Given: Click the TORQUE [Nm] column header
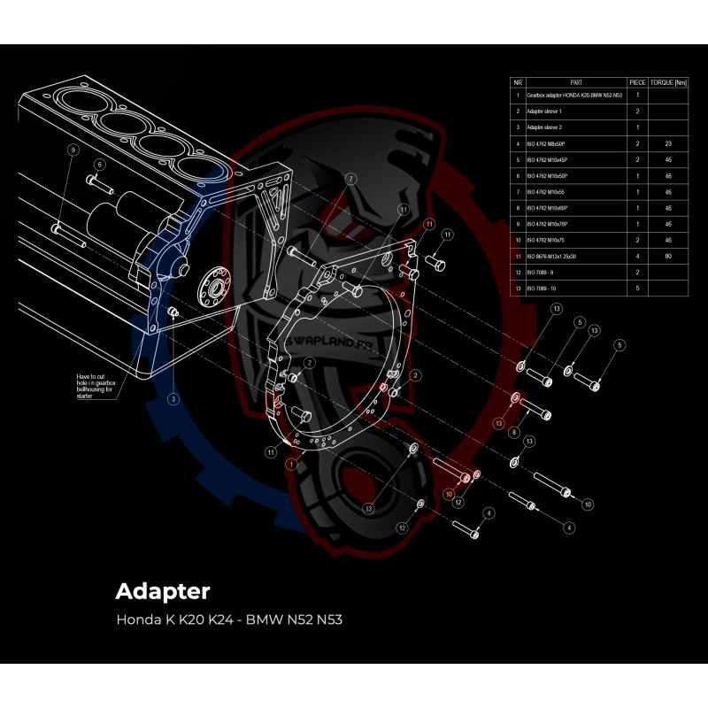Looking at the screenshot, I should pos(668,82).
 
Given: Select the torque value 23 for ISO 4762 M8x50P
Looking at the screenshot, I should pos(668,143).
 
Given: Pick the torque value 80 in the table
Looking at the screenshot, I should pos(668,256).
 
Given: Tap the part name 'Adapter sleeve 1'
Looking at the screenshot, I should pos(544,112).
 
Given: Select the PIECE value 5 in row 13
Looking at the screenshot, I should pos(637,289).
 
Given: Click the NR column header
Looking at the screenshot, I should pos(518,82).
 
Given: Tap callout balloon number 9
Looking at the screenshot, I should pos(73,150).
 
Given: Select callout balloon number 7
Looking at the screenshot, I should pos(351,178).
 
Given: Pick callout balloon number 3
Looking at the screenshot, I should pos(173,399).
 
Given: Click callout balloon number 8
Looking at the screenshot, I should pos(513,432).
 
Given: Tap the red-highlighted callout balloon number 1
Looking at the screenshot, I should pos(290,463).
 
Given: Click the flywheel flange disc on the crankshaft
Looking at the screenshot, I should pos(212,285).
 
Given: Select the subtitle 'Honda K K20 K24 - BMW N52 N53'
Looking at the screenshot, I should pos(228,619).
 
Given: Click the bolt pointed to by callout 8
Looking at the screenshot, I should pos(536,410).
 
